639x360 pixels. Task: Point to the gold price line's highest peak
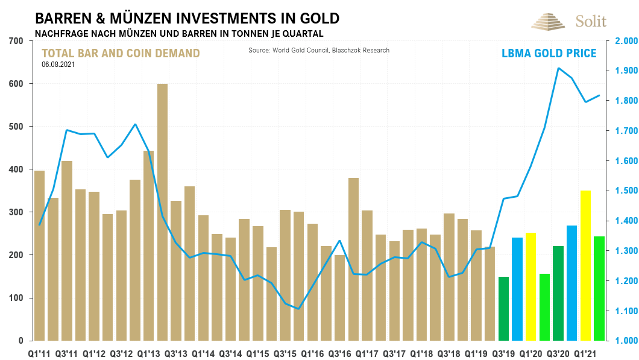point(558,68)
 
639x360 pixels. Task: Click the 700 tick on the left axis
point(16,41)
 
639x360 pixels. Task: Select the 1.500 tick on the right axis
point(626,191)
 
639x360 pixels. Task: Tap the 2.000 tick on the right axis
point(626,41)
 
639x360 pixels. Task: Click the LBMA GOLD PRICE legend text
point(549,54)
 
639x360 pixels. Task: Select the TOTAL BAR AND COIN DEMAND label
point(121,53)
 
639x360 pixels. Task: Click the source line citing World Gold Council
point(319,50)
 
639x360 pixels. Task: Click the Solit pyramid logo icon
point(549,21)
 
